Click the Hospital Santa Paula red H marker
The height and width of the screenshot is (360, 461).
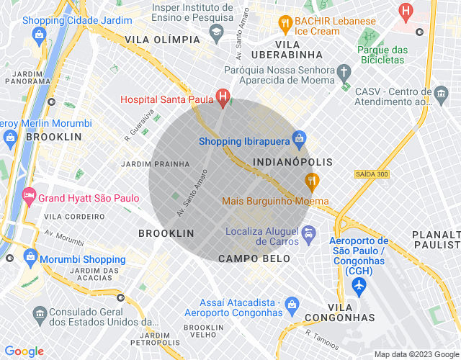tap(223, 96)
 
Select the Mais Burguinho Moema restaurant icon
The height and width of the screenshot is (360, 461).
tap(312, 179)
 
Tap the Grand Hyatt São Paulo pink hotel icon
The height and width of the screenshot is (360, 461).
tap(29, 194)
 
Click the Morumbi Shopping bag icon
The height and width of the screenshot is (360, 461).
tap(31, 256)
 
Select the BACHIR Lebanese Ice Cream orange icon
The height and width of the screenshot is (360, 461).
tap(285, 22)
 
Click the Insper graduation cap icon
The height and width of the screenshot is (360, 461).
tap(216, 32)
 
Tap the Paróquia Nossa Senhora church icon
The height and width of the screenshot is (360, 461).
tap(344, 72)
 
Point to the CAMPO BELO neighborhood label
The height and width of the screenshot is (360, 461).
tap(249, 258)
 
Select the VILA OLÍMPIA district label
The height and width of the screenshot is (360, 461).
tap(162, 39)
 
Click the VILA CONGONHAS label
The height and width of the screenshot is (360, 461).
tap(339, 312)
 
